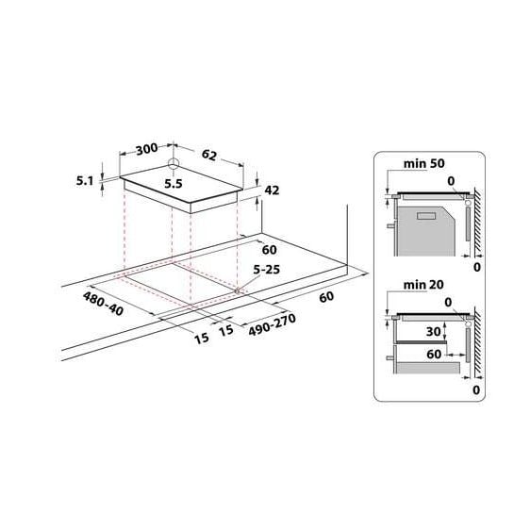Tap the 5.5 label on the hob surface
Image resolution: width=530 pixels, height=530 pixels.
click(x=173, y=185)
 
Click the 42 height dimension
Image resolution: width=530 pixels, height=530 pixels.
click(x=273, y=190)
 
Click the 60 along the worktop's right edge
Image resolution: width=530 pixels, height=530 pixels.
click(x=326, y=298)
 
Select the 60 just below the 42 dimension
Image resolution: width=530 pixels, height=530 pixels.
click(x=270, y=251)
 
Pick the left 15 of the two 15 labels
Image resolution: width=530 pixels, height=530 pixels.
click(x=202, y=337)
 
